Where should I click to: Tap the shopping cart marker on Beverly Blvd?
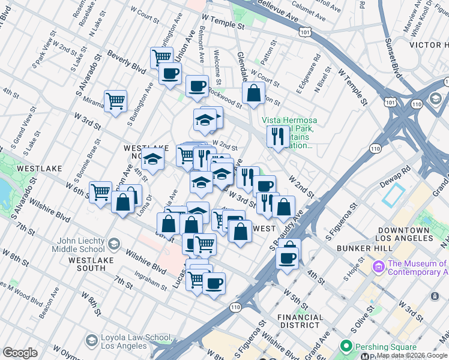pyautogui.click(x=161, y=57)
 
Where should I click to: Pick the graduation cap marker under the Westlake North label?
pyautogui.click(x=153, y=160)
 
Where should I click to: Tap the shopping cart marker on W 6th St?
pyautogui.click(x=100, y=192)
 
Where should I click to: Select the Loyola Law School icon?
pyautogui.click(x=92, y=341)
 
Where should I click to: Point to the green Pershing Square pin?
pyautogui.click(x=345, y=347)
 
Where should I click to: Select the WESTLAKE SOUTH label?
pyautogui.click(x=88, y=264)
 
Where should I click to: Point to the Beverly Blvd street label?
pyautogui.click(x=127, y=62)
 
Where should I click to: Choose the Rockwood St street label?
pyautogui.click(x=225, y=98)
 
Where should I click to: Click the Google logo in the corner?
pyautogui.click(x=20, y=353)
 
